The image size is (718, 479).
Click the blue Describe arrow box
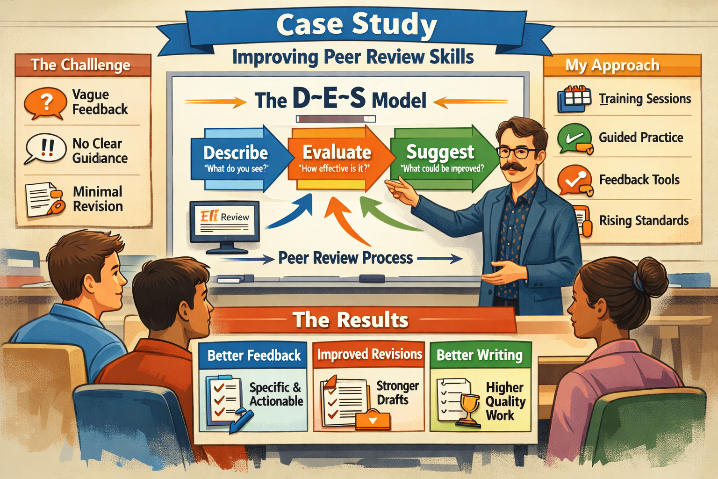(x=236, y=159)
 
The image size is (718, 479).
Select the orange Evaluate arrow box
(x=337, y=159)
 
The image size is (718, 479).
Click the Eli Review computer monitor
(x=224, y=222)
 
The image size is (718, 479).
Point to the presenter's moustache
(x=513, y=167)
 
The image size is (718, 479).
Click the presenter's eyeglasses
(x=517, y=152)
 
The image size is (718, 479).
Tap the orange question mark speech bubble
(x=45, y=102)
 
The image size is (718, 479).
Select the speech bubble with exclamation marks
(x=46, y=148)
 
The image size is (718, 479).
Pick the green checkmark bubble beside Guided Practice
(x=574, y=138)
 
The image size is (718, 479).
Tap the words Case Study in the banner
(x=356, y=24)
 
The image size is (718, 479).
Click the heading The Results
(x=350, y=320)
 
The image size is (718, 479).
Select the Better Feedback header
(x=254, y=356)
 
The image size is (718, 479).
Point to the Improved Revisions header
(x=369, y=354)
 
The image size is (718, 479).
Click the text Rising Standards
(x=644, y=220)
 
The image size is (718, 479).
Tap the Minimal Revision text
(x=98, y=199)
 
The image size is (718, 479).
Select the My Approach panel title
(x=612, y=65)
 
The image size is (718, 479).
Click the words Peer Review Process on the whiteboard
(x=345, y=258)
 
